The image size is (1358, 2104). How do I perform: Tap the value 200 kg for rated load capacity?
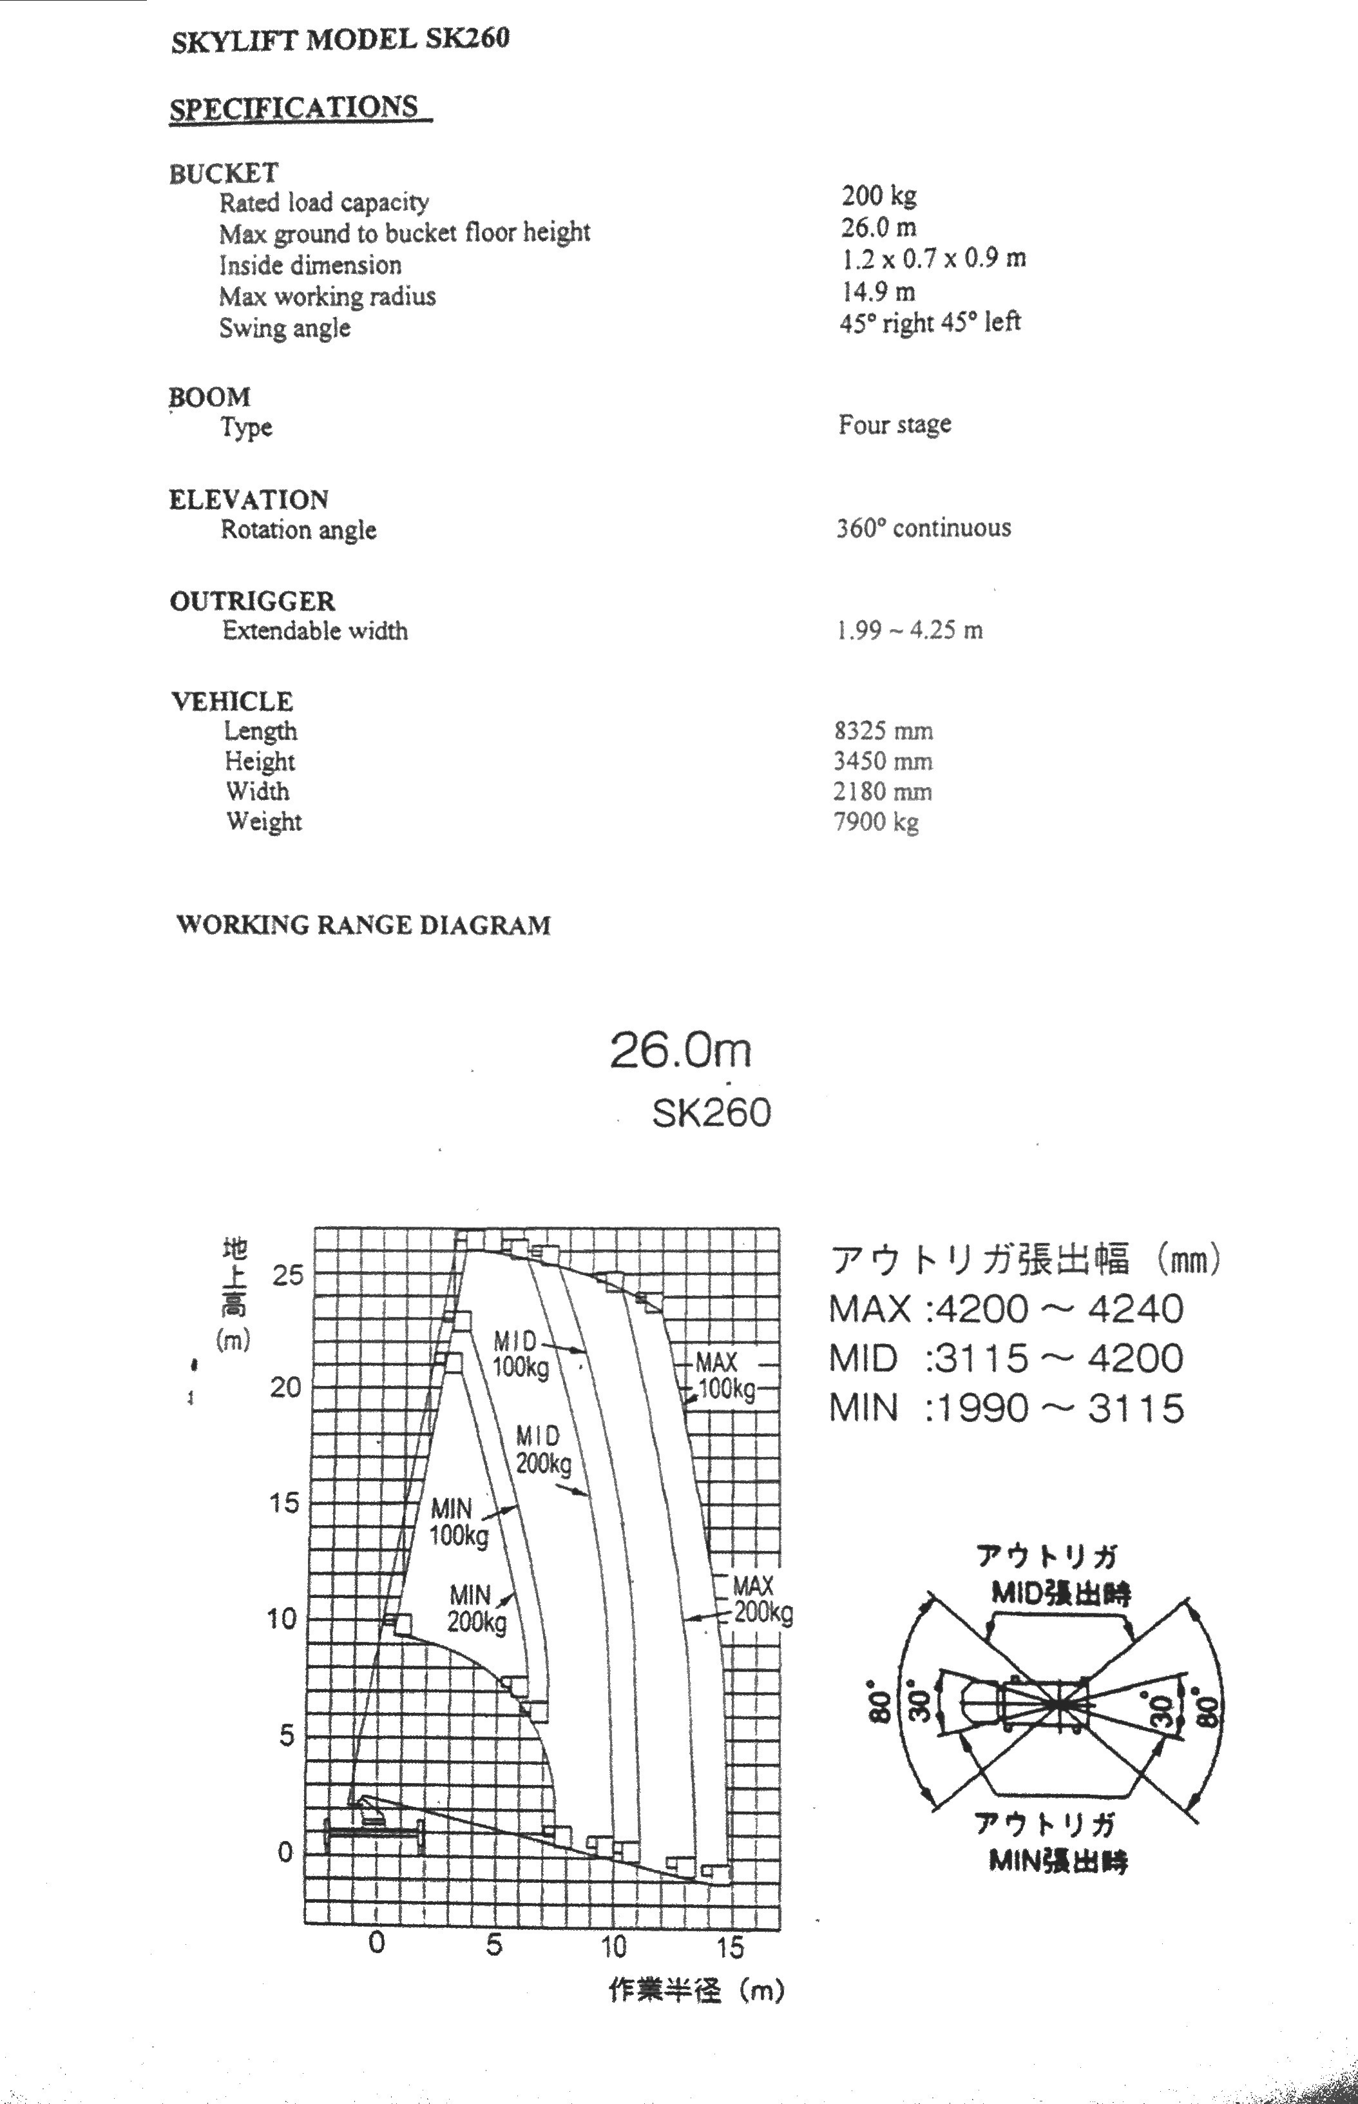[878, 195]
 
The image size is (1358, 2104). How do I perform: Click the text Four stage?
[894, 424]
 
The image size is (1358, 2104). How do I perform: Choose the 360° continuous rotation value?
[923, 527]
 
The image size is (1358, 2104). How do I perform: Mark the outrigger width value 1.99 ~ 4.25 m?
[909, 630]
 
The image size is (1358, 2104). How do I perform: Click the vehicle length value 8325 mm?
[883, 730]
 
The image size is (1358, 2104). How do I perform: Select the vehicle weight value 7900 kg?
[875, 822]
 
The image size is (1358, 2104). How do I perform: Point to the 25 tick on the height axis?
[287, 1274]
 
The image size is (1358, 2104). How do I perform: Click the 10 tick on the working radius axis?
[613, 1946]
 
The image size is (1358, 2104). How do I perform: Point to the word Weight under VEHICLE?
[263, 821]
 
